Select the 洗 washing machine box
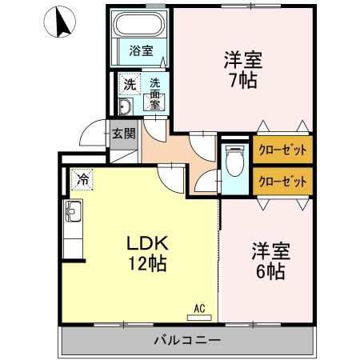point(129,83)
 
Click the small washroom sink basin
point(126,106)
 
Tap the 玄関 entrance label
point(122,134)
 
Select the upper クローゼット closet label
point(282,149)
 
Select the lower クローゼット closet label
point(282,181)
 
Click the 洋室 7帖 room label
point(241,70)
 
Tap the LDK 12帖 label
point(146,253)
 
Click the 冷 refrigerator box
point(82,180)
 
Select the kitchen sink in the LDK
point(73,214)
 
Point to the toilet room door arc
point(207,182)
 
